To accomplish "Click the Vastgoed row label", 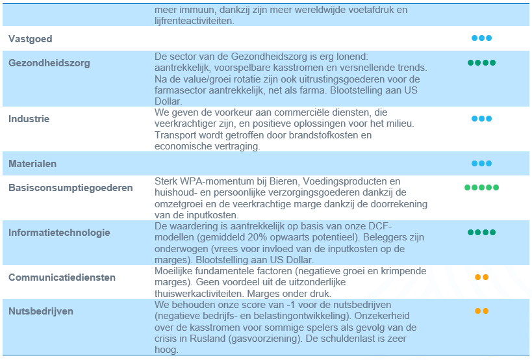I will click(30, 39).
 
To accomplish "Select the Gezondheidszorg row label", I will click(49, 63).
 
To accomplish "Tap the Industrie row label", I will click(29, 119).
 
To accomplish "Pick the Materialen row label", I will click(32, 164).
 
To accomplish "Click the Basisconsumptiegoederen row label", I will click(70, 188).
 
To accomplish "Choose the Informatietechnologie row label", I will click(59, 233).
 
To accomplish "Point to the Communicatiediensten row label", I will click(62, 277).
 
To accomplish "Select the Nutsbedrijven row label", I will click(41, 311).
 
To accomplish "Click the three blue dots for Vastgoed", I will click(481, 38).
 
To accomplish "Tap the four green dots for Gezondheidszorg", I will click(481, 63).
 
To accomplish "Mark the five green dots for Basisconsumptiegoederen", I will click(481, 187).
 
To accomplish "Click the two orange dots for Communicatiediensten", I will click(481, 277).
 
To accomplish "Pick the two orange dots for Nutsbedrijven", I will click(481, 311).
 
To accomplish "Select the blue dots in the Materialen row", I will click(481, 163).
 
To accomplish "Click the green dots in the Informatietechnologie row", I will click(481, 232).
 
